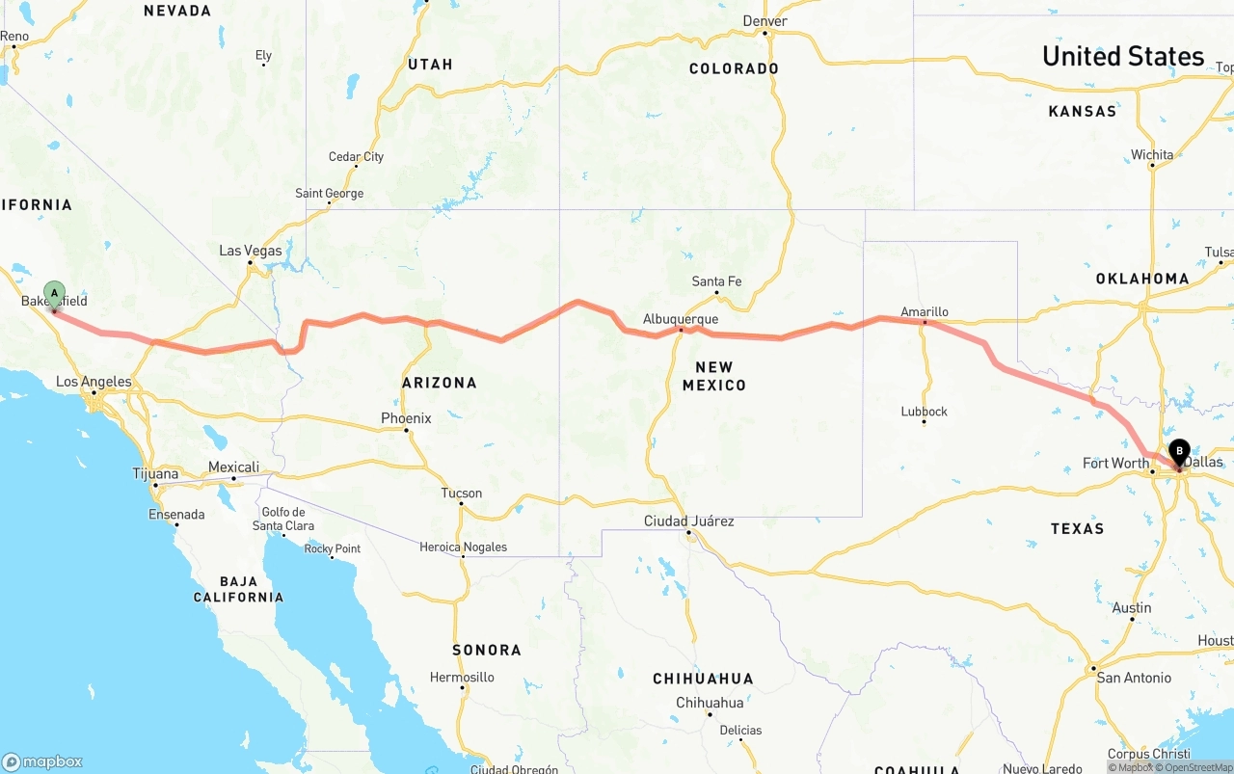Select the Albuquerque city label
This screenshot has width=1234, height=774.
point(681,319)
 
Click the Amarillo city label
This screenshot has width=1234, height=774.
point(924,311)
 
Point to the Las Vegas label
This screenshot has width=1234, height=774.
point(251,251)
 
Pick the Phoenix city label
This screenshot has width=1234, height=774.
point(406,418)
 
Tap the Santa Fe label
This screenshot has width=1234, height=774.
point(716,281)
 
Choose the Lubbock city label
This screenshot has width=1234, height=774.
point(924,412)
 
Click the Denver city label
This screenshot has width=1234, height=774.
point(765,21)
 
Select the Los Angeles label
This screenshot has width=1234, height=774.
point(94,382)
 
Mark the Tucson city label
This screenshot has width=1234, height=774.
point(461,494)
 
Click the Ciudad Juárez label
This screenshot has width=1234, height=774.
point(688,521)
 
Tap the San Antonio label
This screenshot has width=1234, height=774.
point(1134,678)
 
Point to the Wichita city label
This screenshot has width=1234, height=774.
point(1152,154)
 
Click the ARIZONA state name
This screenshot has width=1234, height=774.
point(440,383)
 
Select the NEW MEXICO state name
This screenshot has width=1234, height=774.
point(714,376)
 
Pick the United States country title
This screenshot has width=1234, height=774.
point(1123,56)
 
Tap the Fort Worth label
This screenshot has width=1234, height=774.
point(1115,464)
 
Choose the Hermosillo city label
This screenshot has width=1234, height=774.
point(462,678)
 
